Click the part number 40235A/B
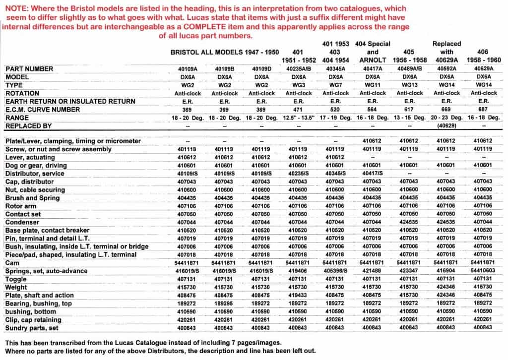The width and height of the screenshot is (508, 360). tap(298, 69)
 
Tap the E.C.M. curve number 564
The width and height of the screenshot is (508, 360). tap(372, 110)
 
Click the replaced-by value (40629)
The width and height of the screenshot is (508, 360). tap(446, 126)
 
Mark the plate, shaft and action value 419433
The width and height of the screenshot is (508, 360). tap(298, 296)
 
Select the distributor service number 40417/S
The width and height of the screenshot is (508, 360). tap(372, 174)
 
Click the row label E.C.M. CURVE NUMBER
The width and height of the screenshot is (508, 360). tap(44, 110)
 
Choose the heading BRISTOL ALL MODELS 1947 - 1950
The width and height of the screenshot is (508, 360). tap(225, 52)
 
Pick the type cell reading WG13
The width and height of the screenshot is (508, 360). tap(409, 85)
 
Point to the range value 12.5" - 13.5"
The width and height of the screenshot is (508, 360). tap(298, 118)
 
